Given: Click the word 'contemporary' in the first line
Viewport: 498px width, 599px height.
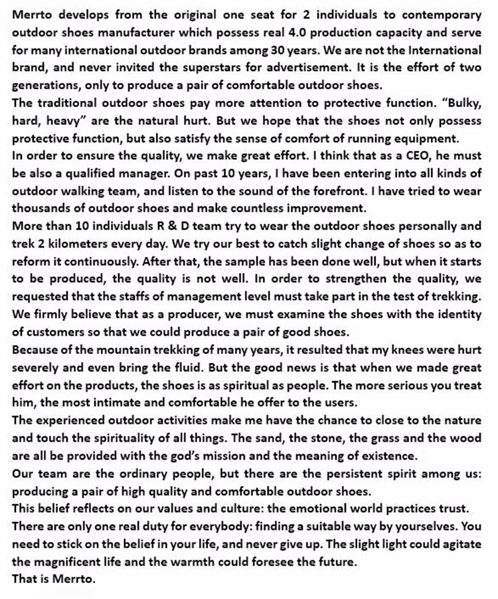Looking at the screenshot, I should (436, 14).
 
